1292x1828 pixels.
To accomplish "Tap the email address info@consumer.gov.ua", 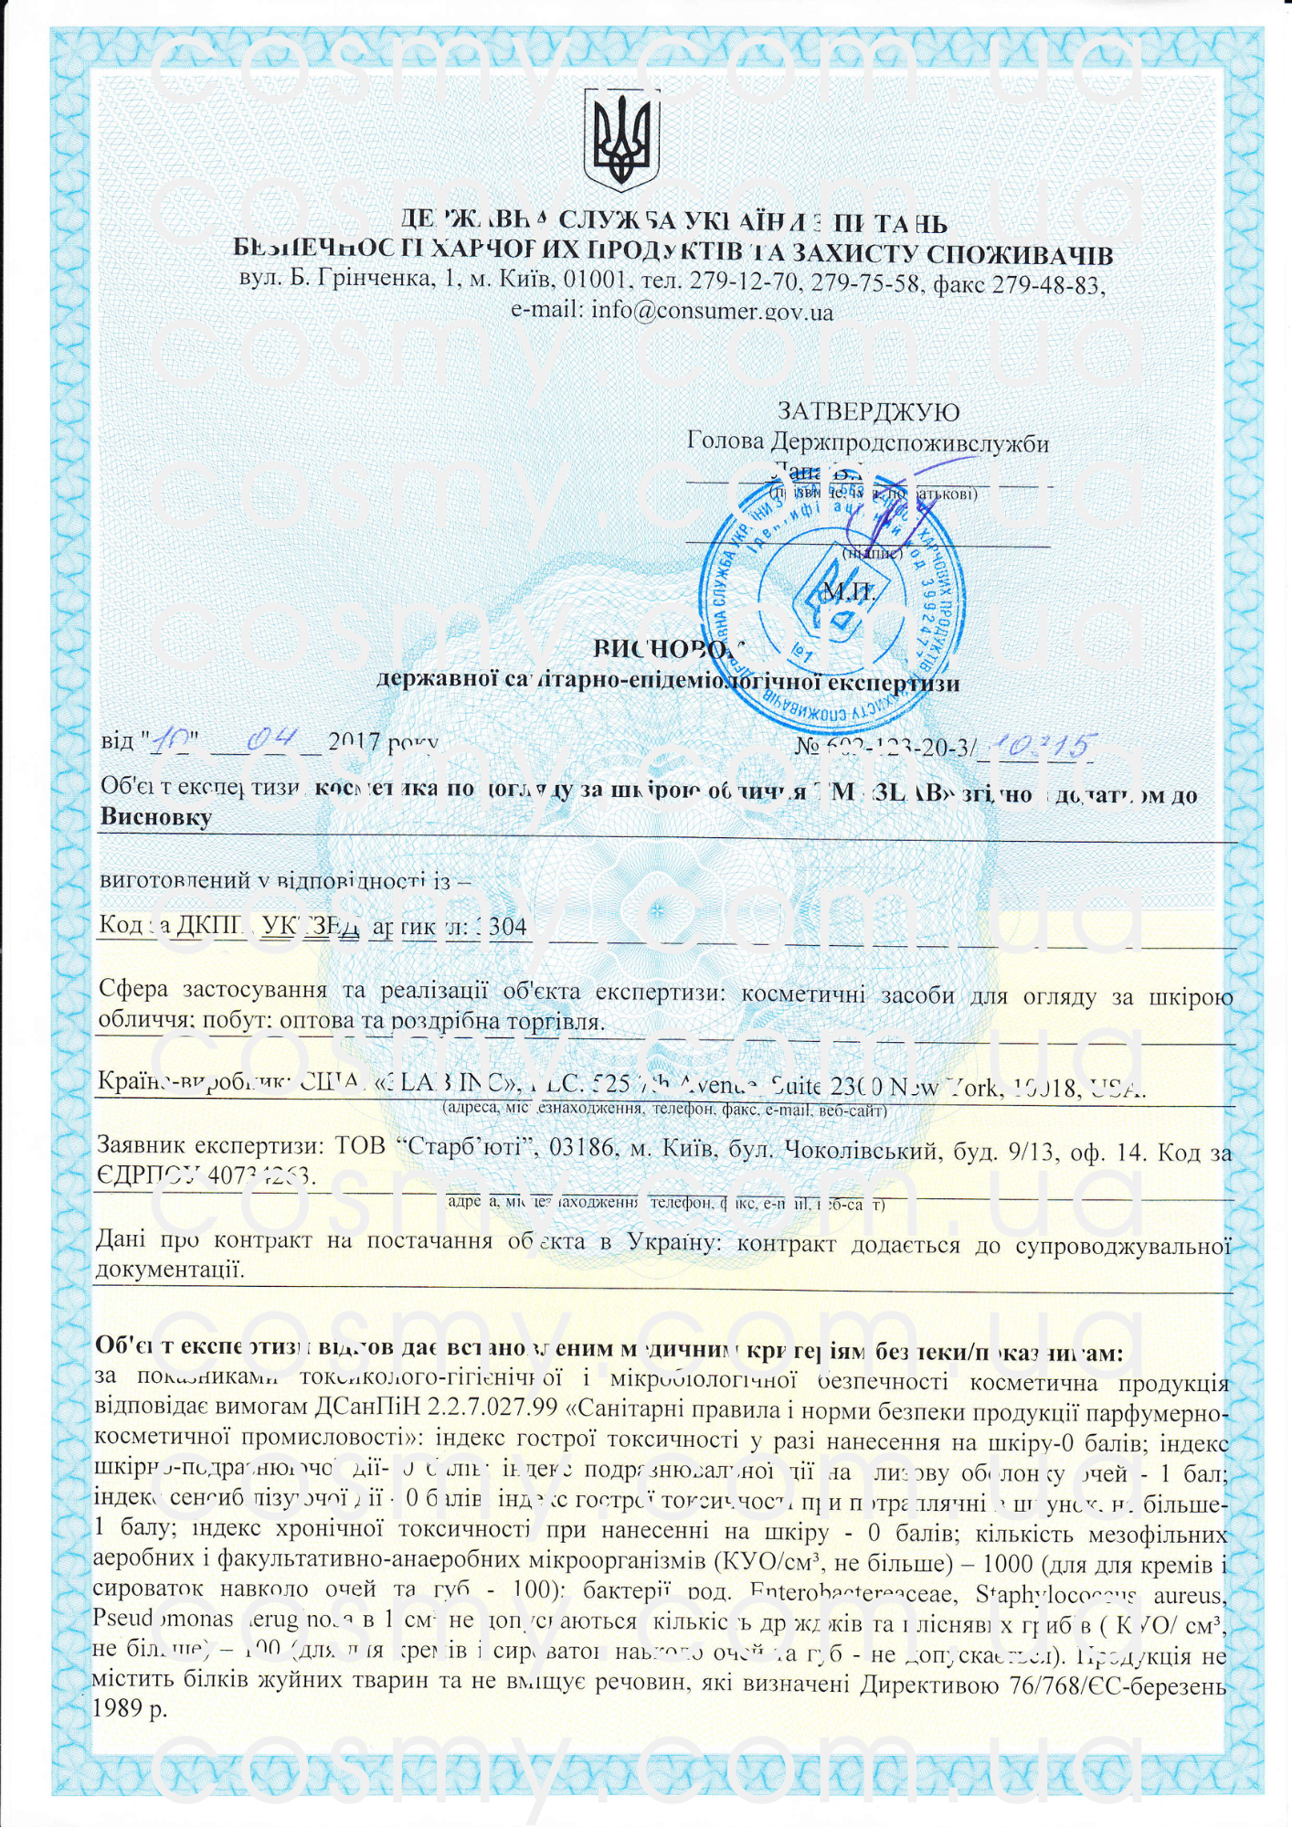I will click(x=712, y=311).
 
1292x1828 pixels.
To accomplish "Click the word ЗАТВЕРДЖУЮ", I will click(x=867, y=412).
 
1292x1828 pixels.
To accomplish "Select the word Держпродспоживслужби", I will click(x=908, y=443).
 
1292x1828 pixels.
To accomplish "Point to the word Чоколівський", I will click(x=862, y=1150).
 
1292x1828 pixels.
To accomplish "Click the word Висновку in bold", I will click(x=155, y=817).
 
